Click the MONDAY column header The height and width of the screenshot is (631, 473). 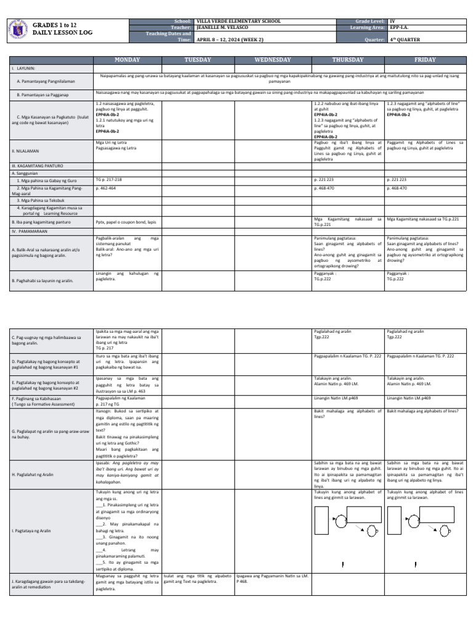[x=127, y=60]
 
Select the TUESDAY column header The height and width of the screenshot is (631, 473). [x=198, y=60]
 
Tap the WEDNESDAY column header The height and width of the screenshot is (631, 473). [x=273, y=60]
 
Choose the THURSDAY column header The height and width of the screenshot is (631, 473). [x=349, y=60]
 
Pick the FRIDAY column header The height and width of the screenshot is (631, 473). [x=426, y=60]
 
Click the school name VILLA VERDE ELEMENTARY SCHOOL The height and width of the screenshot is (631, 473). [x=238, y=21]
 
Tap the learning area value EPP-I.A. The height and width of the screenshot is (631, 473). [x=398, y=27]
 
